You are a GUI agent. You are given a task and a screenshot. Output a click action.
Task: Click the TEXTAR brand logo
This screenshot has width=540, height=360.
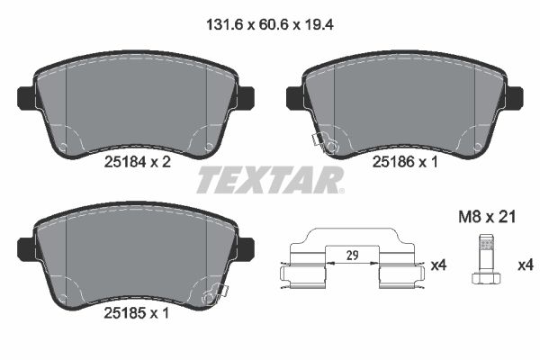point(269,180)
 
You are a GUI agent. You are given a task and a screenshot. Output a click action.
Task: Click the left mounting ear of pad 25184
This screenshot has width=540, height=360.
point(24,94)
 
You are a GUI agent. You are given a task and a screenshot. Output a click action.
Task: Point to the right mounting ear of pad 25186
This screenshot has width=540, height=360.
point(514,94)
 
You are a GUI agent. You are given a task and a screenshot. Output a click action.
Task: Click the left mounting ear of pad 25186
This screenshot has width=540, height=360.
point(292,94)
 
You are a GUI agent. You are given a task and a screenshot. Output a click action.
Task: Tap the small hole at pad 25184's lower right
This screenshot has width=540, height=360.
point(209,146)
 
